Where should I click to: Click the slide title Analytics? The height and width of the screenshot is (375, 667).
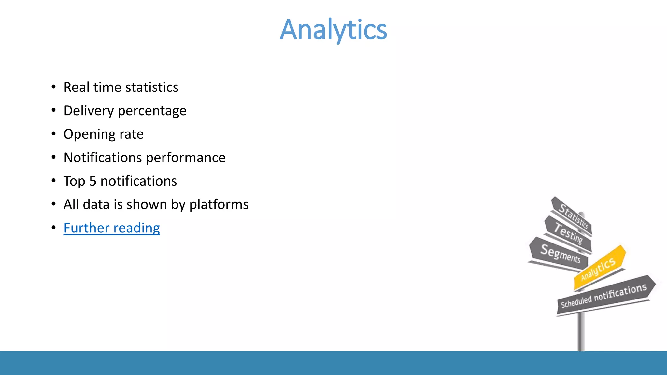click(x=333, y=30)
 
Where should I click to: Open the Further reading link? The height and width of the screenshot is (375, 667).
click(x=112, y=228)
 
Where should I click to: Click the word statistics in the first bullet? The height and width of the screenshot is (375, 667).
click(x=152, y=87)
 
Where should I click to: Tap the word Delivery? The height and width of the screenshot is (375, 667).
click(x=89, y=111)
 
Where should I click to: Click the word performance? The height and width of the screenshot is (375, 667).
click(x=186, y=158)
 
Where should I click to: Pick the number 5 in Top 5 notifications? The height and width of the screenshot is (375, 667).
click(x=93, y=181)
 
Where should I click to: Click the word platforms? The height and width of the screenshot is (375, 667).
click(x=219, y=205)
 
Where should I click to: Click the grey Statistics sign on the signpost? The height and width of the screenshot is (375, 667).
click(x=573, y=215)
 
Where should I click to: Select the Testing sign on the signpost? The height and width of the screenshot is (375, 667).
click(x=568, y=233)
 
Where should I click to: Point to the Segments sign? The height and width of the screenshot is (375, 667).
click(x=560, y=254)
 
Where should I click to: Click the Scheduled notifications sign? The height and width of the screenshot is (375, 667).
click(x=604, y=295)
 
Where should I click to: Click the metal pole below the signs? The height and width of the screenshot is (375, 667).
click(x=581, y=332)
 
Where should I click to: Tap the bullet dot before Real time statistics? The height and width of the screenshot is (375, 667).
click(x=54, y=87)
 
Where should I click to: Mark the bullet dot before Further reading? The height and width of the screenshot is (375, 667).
click(x=54, y=228)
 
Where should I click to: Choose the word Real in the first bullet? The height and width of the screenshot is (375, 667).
click(x=76, y=87)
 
